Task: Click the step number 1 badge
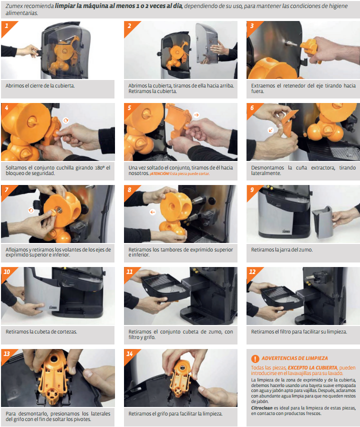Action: (x=6, y=25)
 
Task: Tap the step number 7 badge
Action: (x=6, y=190)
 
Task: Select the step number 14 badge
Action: (x=130, y=354)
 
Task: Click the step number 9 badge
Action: (x=252, y=190)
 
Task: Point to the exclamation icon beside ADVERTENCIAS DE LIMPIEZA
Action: (x=255, y=358)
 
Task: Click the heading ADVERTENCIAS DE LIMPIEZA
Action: (x=294, y=358)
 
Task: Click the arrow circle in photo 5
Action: (x=196, y=114)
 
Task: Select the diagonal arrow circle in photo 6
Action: (x=270, y=129)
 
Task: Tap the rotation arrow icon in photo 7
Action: (x=31, y=210)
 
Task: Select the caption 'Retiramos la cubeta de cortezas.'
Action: (x=41, y=331)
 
